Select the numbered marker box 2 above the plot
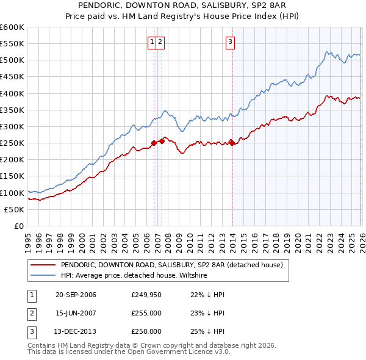pyautogui.click(x=159, y=41)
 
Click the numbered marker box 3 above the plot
pyautogui.click(x=231, y=41)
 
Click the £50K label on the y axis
pyautogui.click(x=15, y=209)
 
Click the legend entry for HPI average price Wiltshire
pyautogui.click(x=134, y=275)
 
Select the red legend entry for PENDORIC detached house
pyautogui.click(x=171, y=265)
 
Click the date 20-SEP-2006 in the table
pyautogui.click(x=76, y=295)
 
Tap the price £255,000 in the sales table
pyautogui.click(x=146, y=313)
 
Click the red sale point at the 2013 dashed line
pyautogui.click(x=232, y=143)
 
